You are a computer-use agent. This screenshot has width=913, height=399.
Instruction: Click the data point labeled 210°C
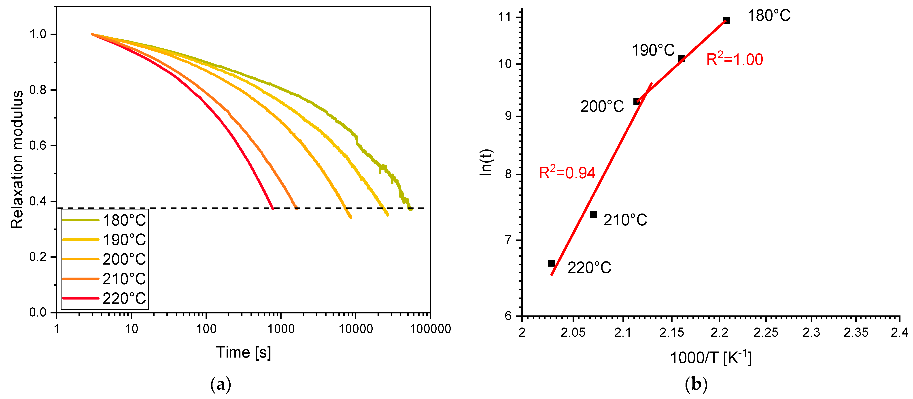594,215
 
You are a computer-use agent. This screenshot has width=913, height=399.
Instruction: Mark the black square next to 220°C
551,263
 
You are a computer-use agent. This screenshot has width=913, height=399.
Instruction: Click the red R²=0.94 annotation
567,173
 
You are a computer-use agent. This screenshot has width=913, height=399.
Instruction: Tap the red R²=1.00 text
734,59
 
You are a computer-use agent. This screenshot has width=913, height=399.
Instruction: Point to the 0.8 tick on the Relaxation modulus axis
38,90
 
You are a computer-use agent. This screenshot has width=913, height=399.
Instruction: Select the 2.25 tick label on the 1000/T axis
766,333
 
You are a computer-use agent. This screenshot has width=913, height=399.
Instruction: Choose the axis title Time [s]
244,352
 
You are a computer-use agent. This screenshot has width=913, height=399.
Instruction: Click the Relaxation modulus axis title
17,160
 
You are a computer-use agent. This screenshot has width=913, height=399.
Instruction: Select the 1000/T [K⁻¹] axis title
711,358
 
